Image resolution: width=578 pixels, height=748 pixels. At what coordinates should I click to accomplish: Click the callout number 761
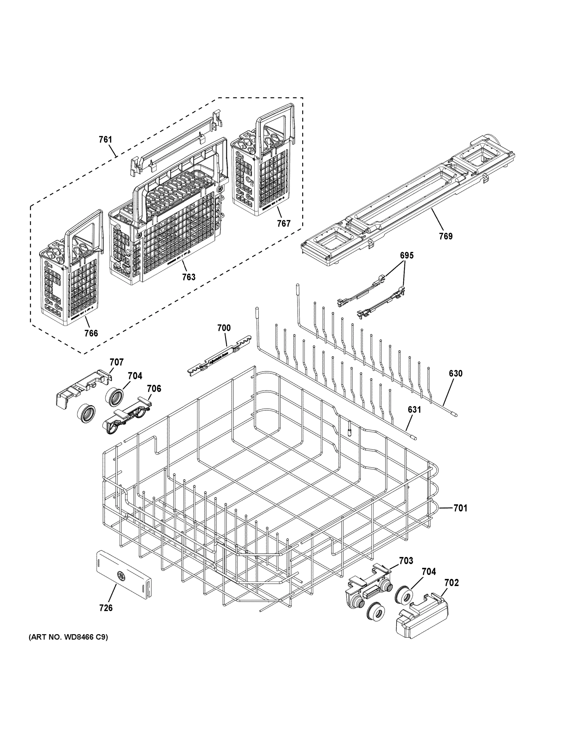tap(105, 139)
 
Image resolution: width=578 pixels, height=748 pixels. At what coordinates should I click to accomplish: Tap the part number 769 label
tap(446, 236)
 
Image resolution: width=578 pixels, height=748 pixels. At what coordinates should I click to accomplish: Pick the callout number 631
tap(414, 409)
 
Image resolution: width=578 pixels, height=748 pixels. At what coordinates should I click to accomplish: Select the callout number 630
tap(456, 373)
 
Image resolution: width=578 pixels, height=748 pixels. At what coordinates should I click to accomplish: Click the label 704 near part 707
tap(135, 376)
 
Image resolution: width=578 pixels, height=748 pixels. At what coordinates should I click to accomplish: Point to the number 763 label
tap(189, 277)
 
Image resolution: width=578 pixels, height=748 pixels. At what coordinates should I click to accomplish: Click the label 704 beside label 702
tap(429, 571)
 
